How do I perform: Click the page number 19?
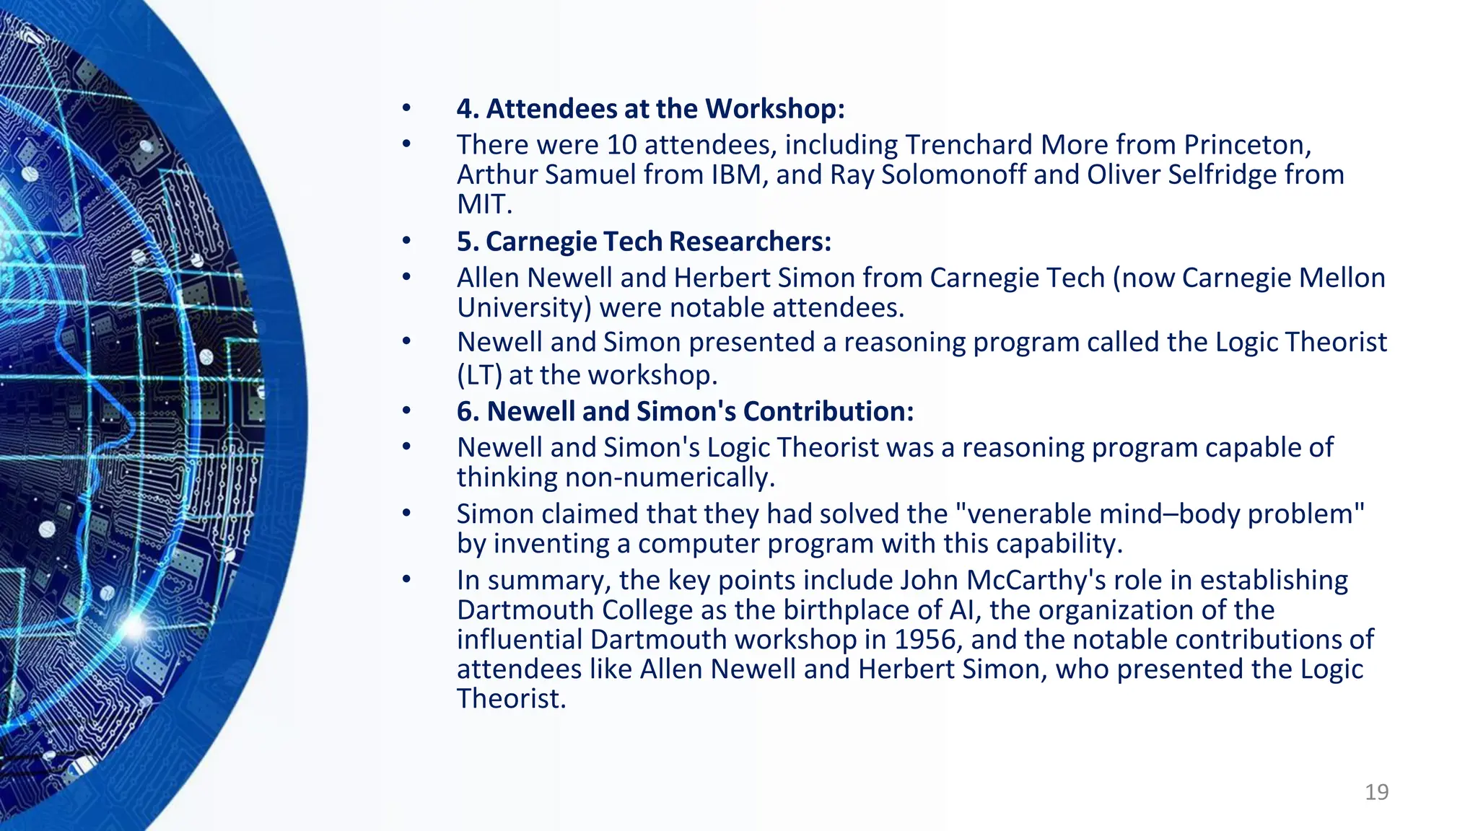click(1376, 792)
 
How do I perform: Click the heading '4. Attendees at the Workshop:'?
click(650, 109)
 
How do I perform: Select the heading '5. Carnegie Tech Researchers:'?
click(644, 242)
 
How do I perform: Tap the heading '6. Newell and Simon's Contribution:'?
click(685, 411)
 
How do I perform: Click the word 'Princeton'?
click(1246, 145)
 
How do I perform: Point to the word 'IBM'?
click(740, 175)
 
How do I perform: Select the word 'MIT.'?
click(484, 204)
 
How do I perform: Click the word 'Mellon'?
click(1343, 278)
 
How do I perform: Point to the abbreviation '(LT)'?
click(479, 375)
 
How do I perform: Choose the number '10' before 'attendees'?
click(621, 145)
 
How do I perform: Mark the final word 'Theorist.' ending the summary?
click(511, 699)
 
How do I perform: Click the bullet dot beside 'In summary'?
click(406, 579)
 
